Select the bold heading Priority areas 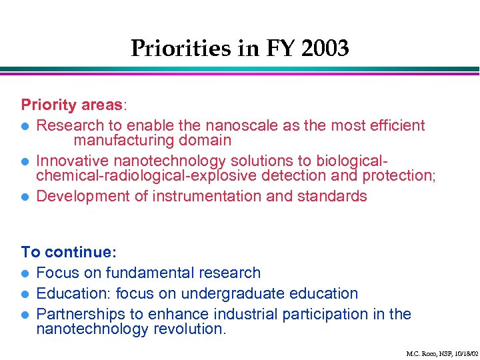coord(71,105)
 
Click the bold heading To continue coord(68,252)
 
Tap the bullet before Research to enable coord(25,126)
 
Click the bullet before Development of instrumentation coord(25,197)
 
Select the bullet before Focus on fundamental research coord(25,273)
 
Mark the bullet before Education coord(25,294)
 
